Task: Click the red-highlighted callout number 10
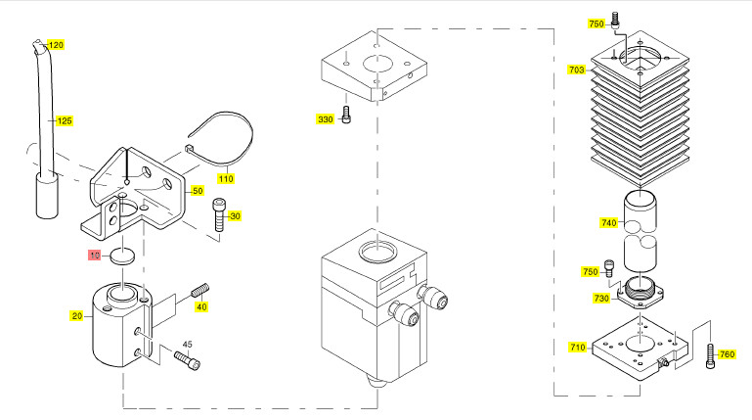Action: (x=95, y=256)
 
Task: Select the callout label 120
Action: (x=56, y=45)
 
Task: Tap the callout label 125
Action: (x=65, y=120)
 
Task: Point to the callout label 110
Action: (x=226, y=179)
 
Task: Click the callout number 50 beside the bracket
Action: (x=197, y=191)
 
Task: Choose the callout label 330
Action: (x=325, y=119)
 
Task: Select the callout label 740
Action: (x=609, y=223)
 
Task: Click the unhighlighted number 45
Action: (x=187, y=343)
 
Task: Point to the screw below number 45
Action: (x=187, y=360)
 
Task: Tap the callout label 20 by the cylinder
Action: (x=76, y=315)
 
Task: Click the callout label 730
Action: (x=601, y=299)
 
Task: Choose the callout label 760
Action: (x=726, y=354)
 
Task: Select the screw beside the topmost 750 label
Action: (x=614, y=19)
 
